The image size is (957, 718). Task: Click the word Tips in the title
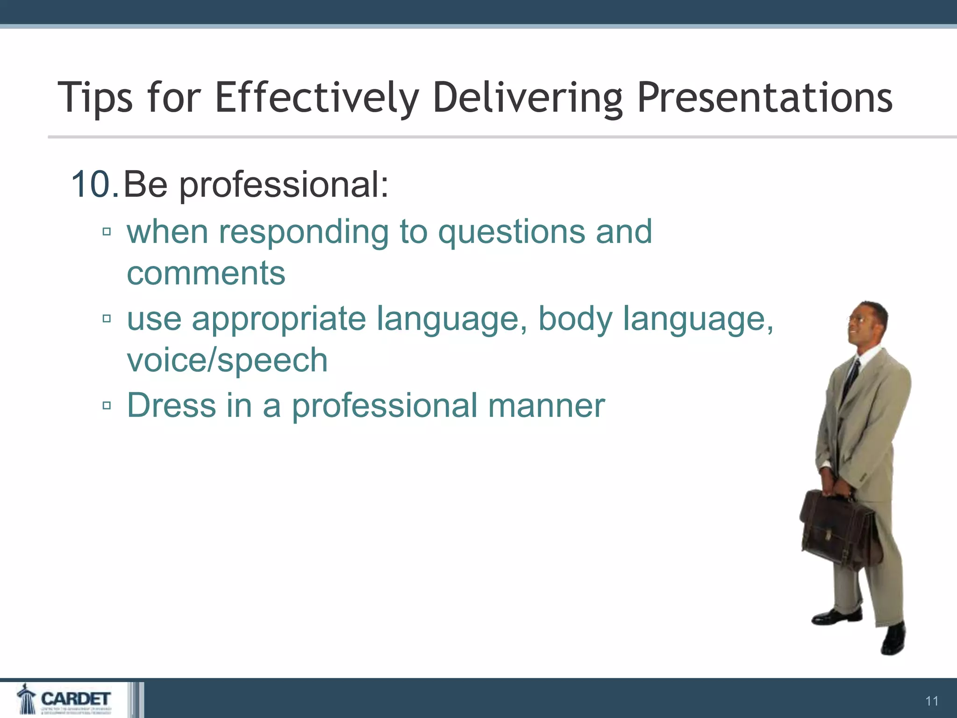click(95, 98)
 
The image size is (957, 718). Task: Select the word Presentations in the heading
click(764, 98)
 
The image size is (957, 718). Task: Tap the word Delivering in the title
click(527, 98)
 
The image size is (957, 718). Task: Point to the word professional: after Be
click(284, 185)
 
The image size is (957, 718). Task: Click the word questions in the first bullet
click(511, 232)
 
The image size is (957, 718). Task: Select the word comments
click(206, 273)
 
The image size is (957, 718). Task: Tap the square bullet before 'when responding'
click(107, 231)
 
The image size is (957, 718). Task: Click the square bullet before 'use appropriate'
click(107, 319)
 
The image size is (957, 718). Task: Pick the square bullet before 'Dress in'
click(107, 405)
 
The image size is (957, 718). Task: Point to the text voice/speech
click(227, 360)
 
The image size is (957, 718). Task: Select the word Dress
click(171, 405)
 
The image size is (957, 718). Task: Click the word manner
click(546, 405)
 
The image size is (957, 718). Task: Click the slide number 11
click(932, 701)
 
